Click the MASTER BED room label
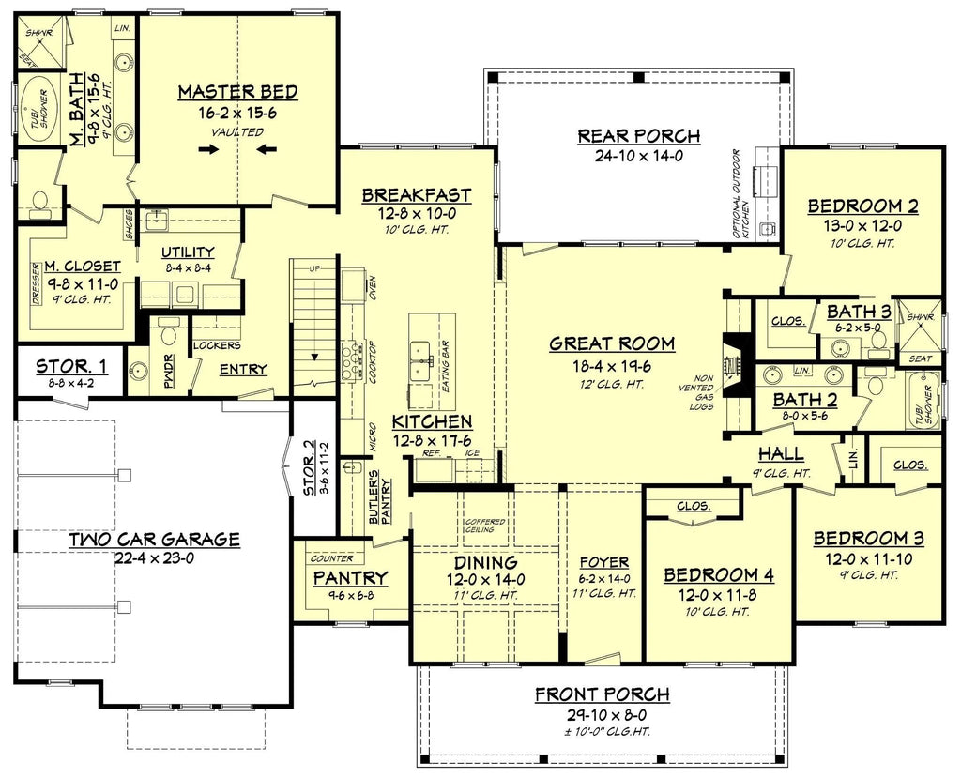pyautogui.click(x=237, y=92)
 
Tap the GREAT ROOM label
pyautogui.click(x=612, y=343)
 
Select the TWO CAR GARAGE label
pyautogui.click(x=154, y=540)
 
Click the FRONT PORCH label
pyautogui.click(x=602, y=695)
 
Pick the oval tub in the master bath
pyautogui.click(x=38, y=111)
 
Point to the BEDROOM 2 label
pyautogui.click(x=862, y=206)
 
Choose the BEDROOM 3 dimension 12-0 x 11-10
pyautogui.click(x=868, y=558)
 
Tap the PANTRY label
pyautogui.click(x=350, y=576)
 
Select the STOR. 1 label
pyautogui.click(x=71, y=365)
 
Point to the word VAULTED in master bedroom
pyautogui.click(x=236, y=132)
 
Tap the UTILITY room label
pyautogui.click(x=188, y=252)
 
